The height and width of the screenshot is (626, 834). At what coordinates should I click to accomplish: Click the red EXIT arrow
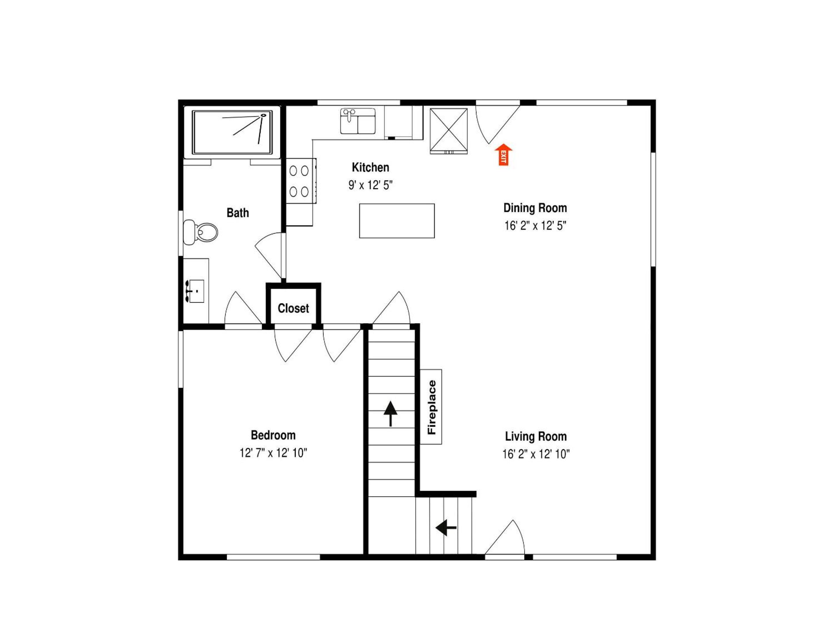point(503,155)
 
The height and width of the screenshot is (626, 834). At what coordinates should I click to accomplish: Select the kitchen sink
point(358,121)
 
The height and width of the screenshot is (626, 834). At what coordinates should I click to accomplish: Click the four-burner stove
point(301,181)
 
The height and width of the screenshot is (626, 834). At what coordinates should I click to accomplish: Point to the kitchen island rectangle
point(397,221)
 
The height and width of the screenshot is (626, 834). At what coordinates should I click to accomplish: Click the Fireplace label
point(432,407)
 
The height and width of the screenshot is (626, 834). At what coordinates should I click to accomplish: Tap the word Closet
point(293,308)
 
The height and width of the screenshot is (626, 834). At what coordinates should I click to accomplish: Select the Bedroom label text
point(273,435)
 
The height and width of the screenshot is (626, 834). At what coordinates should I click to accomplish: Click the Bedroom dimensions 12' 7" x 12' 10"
point(273,453)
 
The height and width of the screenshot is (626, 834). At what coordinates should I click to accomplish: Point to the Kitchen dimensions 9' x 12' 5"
point(370,185)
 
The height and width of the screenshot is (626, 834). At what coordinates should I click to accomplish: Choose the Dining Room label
point(535,208)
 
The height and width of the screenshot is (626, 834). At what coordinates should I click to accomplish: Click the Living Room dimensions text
point(536,454)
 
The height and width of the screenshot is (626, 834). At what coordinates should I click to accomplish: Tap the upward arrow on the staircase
point(390,414)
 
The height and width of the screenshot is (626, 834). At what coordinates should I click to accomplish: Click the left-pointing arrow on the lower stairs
point(446,527)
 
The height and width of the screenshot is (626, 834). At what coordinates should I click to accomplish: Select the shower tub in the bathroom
point(232,132)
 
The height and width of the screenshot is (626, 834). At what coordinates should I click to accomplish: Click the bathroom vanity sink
point(196,291)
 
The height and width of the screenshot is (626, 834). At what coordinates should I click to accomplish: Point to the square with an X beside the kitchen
point(449,130)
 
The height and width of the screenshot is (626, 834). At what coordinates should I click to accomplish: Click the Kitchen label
point(370,167)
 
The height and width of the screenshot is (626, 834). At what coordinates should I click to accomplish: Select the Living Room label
point(536,436)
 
